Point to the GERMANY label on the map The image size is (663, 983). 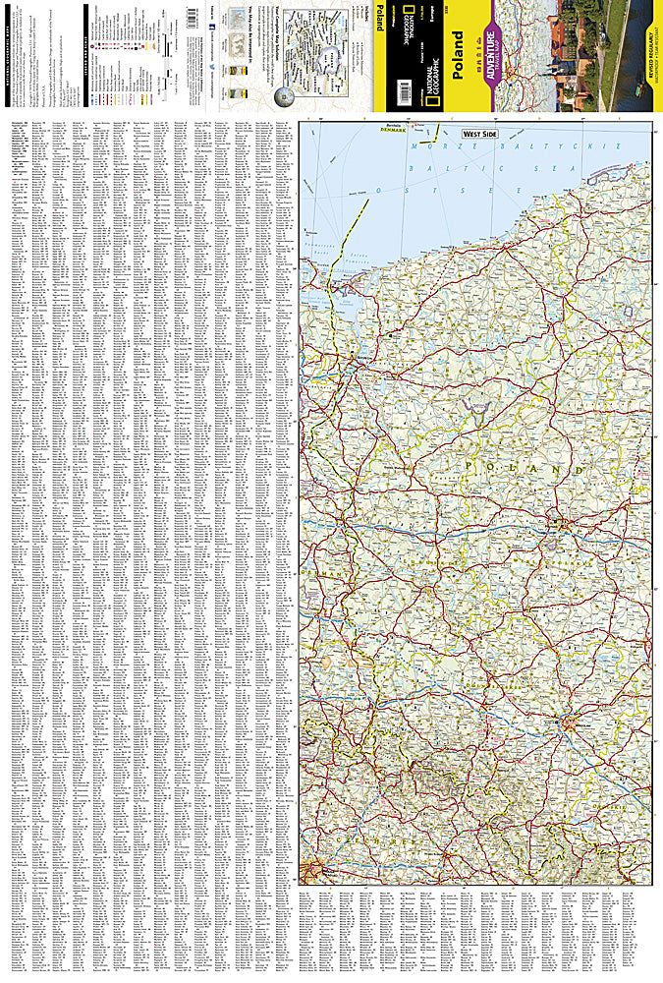point(315,570)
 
